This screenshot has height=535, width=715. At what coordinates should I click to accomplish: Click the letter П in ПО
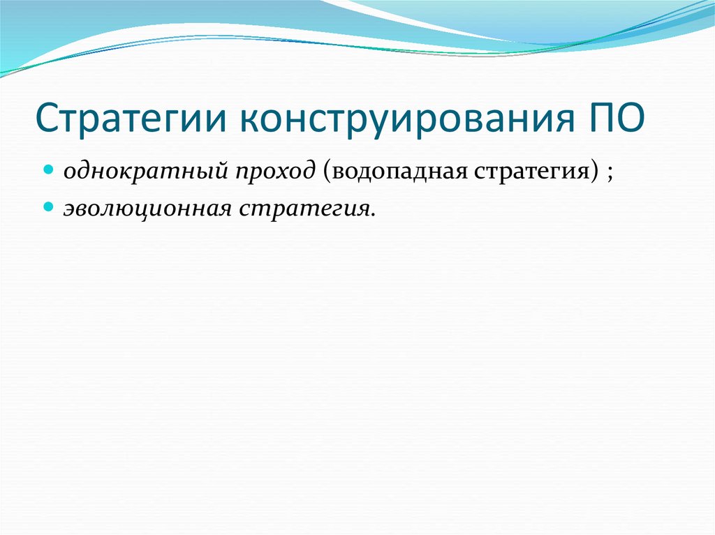[594, 119]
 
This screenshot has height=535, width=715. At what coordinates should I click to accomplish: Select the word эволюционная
[149, 208]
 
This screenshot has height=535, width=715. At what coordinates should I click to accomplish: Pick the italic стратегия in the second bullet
[306, 208]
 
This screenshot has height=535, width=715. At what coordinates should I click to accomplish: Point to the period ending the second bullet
[372, 213]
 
